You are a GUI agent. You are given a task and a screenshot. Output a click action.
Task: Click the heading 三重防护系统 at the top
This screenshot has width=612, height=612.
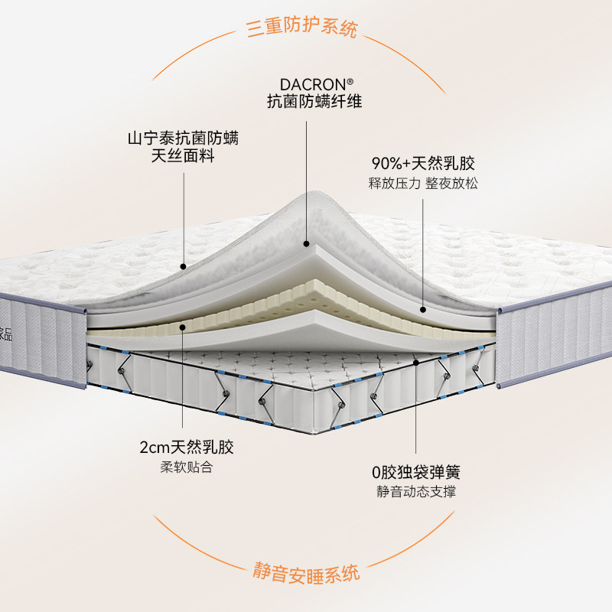click(x=301, y=30)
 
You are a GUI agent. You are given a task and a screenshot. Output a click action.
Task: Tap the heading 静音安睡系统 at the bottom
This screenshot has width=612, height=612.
click(x=306, y=571)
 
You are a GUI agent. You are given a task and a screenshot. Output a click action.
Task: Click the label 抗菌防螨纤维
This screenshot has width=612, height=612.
click(x=306, y=102)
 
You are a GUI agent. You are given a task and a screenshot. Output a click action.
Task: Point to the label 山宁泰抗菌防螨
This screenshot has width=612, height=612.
click(x=183, y=139)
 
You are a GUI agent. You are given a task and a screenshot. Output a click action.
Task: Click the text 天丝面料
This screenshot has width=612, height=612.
click(x=183, y=158)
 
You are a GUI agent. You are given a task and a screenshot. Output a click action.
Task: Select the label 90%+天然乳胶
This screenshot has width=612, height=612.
click(x=423, y=164)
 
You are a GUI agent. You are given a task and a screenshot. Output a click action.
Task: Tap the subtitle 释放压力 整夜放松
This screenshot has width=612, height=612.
click(x=423, y=184)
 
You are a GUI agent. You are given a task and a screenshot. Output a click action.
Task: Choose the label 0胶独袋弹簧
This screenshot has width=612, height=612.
click(x=416, y=472)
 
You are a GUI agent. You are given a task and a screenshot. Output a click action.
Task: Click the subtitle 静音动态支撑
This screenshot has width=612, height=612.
click(x=416, y=491)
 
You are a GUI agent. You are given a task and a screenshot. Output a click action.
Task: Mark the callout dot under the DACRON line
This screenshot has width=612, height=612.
click(x=306, y=244)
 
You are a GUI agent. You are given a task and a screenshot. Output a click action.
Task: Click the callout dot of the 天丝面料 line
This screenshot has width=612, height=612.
click(x=184, y=267)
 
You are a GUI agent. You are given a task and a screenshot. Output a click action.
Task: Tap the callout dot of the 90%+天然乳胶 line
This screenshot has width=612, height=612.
click(x=423, y=310)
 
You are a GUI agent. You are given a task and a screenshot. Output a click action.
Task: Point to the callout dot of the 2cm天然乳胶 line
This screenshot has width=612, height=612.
click(x=183, y=327)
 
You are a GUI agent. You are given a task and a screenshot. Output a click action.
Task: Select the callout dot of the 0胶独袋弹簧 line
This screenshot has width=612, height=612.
click(x=416, y=361)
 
